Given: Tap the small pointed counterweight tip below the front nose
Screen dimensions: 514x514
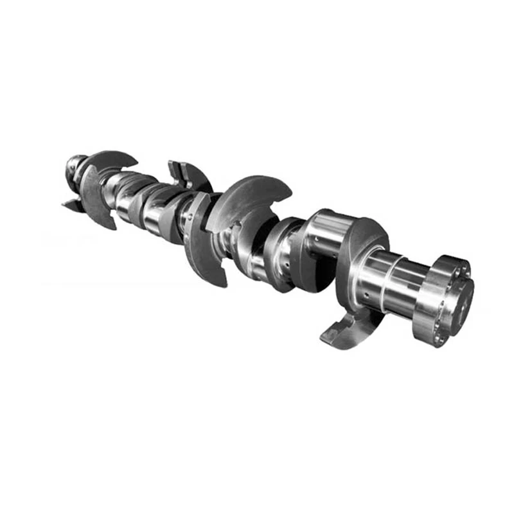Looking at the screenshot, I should pyautogui.click(x=71, y=206).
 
